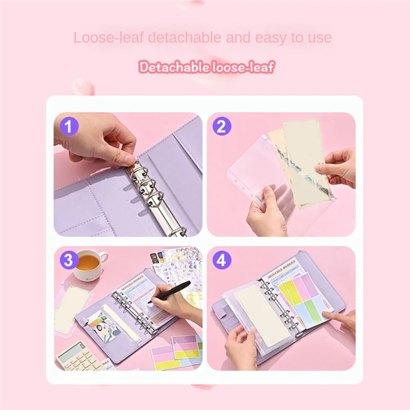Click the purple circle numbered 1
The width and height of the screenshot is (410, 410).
click(69, 126)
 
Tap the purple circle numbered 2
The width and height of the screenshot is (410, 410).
click(221, 126)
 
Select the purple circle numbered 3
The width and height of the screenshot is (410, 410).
click(69, 260)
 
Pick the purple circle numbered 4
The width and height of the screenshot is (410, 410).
click(221, 260)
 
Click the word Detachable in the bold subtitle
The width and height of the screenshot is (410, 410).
click(173, 67)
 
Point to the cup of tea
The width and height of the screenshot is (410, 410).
click(89, 264)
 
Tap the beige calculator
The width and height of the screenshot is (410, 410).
click(77, 356)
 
